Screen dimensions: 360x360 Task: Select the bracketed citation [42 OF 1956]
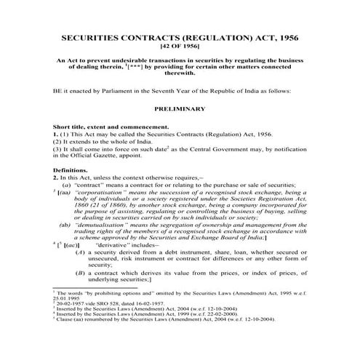click(x=180, y=47)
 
